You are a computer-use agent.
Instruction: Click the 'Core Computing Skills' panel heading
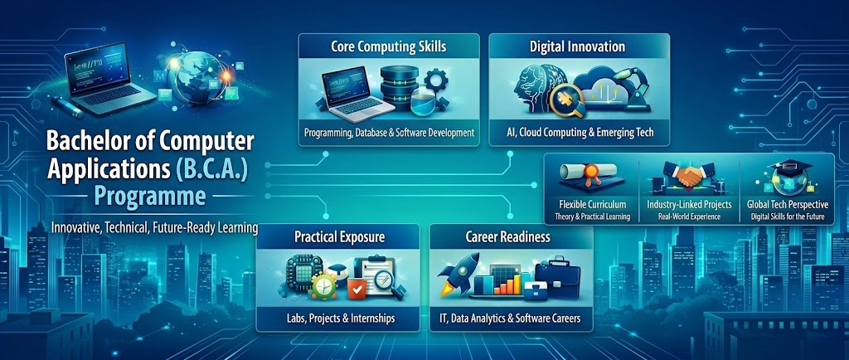(x=389, y=46)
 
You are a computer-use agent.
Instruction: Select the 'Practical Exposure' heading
(x=339, y=237)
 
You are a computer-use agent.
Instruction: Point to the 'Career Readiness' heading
(x=508, y=237)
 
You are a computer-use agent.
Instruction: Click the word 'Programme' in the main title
(x=146, y=196)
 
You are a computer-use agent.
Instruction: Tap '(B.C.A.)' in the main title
(x=210, y=169)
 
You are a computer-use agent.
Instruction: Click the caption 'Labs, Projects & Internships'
(x=338, y=319)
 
